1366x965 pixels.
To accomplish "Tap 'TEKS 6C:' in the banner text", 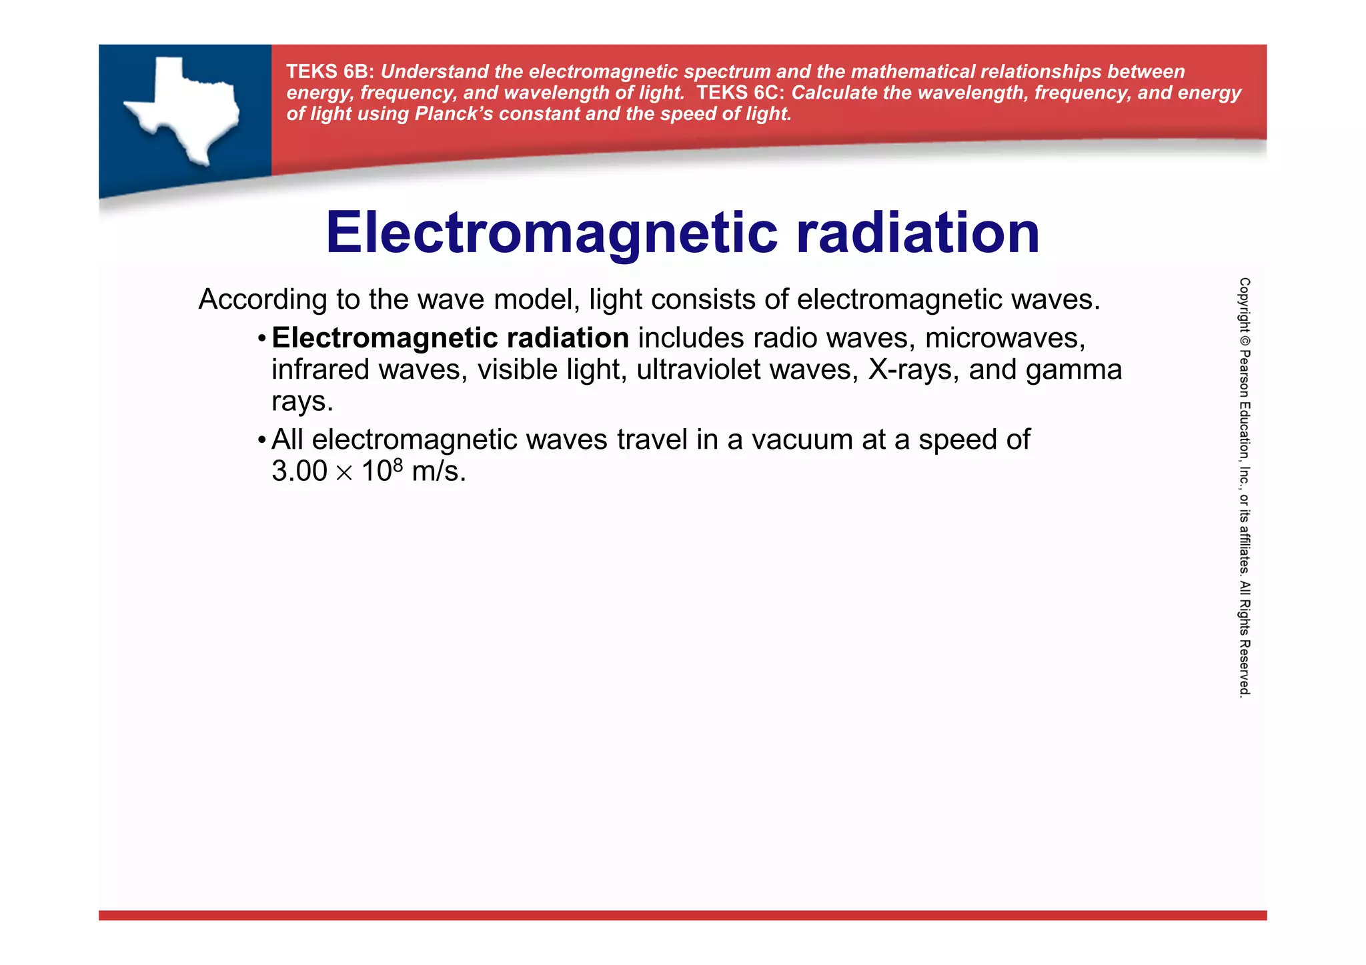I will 740,93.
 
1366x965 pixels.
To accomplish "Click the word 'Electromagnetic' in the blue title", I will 551,233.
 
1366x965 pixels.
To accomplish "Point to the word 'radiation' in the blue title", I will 917,233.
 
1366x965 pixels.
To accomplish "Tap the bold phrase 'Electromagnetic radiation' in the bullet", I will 450,338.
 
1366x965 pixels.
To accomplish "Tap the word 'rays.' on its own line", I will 301,401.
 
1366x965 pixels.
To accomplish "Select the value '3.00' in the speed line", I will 299,471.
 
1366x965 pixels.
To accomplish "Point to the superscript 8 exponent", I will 398,464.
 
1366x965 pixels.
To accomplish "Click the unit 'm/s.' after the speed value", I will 438,471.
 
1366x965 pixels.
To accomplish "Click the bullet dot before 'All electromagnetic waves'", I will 261,441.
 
